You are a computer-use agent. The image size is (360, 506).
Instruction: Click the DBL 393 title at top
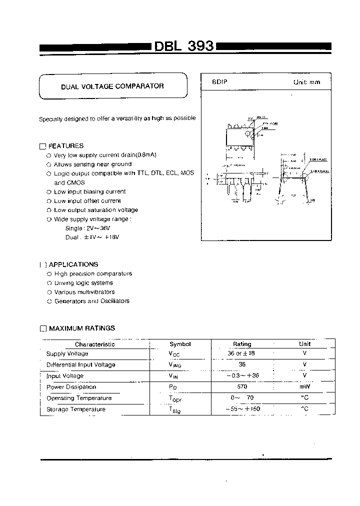click(183, 46)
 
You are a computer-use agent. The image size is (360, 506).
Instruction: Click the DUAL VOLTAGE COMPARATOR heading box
click(112, 86)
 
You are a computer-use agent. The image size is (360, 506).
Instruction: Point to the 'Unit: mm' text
click(306, 82)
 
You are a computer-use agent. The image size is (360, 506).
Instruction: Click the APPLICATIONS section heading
click(73, 264)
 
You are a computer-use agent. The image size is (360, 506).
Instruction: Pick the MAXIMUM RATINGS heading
click(81, 328)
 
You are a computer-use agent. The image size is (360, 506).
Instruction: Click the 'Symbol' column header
click(180, 344)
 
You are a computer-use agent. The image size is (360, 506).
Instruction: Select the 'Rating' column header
click(242, 344)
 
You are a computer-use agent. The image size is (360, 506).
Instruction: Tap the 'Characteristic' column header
click(94, 344)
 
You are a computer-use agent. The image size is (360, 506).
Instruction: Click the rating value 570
click(242, 386)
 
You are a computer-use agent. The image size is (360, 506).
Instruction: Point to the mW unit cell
click(304, 386)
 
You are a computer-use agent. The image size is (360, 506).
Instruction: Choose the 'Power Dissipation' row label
click(71, 386)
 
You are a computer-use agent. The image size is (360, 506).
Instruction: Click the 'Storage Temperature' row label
click(76, 409)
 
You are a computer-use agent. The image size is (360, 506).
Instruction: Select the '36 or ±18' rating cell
click(242, 353)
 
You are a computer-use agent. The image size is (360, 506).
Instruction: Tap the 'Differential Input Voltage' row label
click(80, 364)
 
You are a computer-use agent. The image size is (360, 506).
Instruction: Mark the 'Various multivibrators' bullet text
click(84, 291)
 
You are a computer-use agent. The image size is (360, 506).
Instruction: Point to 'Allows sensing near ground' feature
click(92, 164)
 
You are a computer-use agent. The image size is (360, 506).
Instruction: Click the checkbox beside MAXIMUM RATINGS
click(42, 328)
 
